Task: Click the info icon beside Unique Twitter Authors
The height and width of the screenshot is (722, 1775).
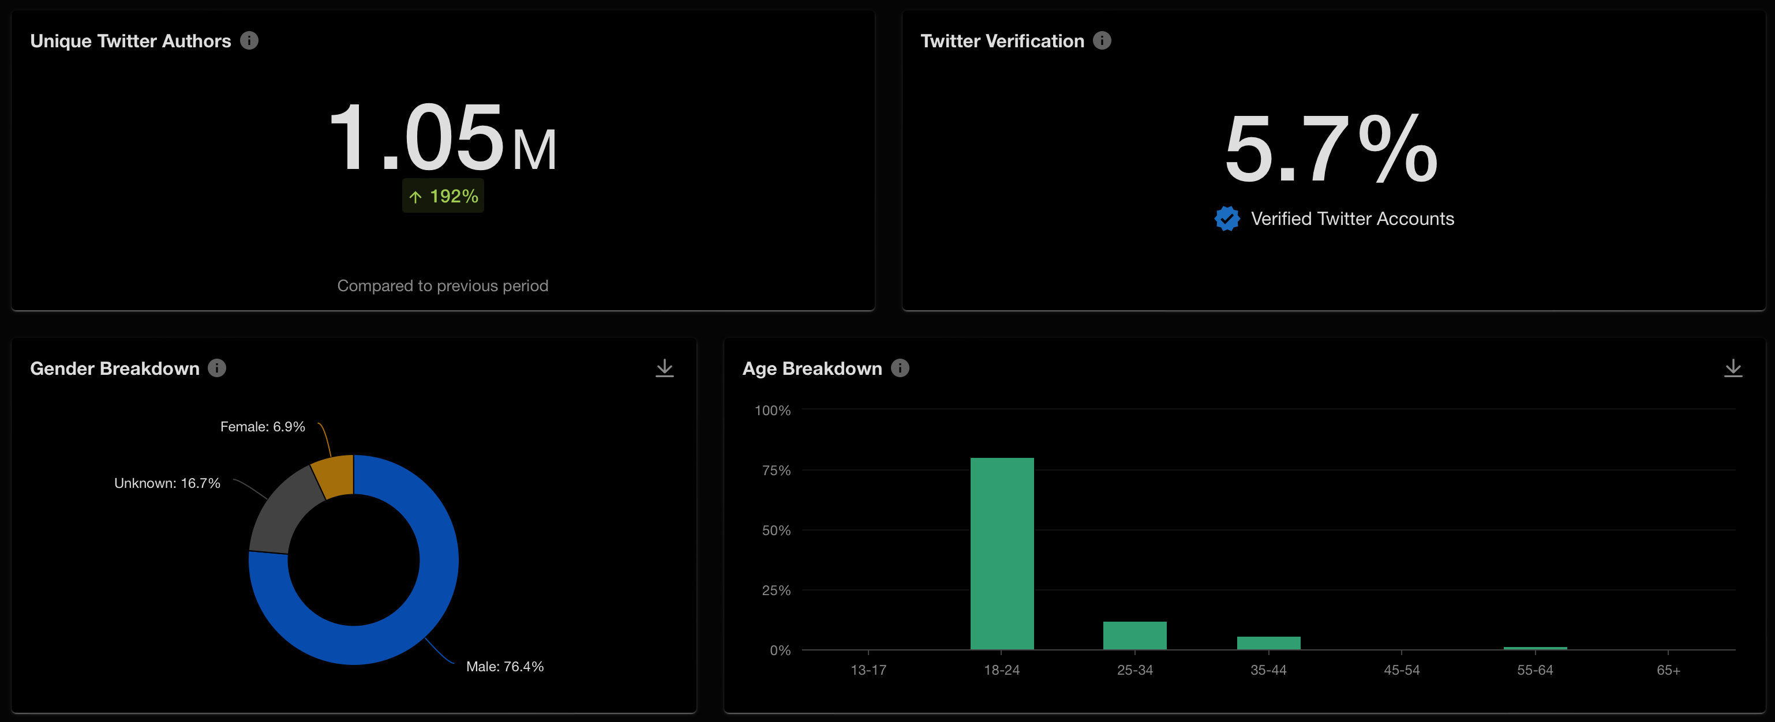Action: [x=249, y=40]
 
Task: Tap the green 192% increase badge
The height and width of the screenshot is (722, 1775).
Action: [x=443, y=196]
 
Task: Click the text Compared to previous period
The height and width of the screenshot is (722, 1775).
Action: [x=443, y=286]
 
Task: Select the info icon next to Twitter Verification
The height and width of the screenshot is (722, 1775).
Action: [x=1102, y=40]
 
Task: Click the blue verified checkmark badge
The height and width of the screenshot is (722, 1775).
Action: [x=1226, y=219]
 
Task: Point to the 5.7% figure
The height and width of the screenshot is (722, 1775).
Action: [x=1331, y=149]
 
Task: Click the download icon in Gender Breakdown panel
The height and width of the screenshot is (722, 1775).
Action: [x=664, y=368]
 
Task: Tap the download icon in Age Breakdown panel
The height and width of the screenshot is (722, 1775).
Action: [x=1732, y=368]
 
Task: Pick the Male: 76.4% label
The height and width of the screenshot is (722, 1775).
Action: [x=504, y=666]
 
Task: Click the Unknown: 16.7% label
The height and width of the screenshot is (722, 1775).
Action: [x=167, y=483]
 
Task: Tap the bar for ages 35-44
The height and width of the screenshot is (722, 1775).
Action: [x=1268, y=643]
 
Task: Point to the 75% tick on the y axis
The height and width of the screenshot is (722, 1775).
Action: [x=776, y=471]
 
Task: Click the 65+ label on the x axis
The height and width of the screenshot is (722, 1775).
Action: [x=1668, y=670]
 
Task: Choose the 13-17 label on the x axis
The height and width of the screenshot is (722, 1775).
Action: [x=868, y=670]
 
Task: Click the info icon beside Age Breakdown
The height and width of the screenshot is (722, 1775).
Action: [x=900, y=368]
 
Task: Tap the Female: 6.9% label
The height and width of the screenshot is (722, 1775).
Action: [x=263, y=426]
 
